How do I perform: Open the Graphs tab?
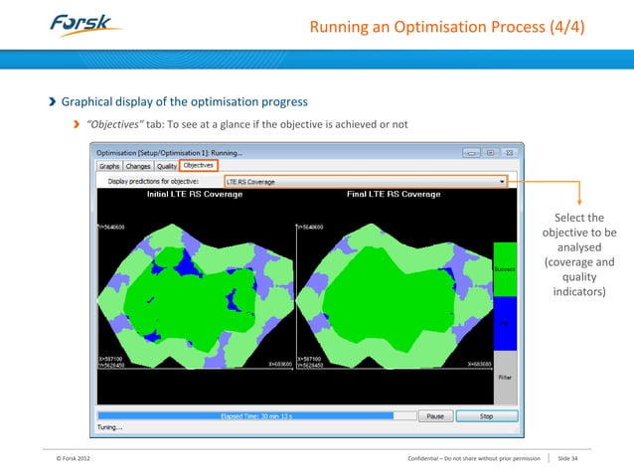tap(109, 166)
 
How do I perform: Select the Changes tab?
tap(138, 166)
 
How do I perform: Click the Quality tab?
tap(167, 166)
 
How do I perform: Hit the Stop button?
tap(486, 417)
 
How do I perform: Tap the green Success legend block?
tap(506, 268)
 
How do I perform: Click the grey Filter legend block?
tap(506, 378)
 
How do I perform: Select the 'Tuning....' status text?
tap(110, 429)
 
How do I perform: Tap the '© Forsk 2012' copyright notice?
tap(78, 458)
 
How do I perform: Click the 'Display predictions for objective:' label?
tap(153, 182)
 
